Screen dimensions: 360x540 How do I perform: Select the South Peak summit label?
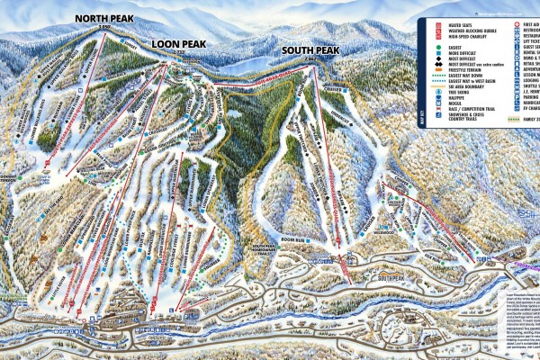pos(310,50)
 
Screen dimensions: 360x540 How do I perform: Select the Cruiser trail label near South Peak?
pos(336,89)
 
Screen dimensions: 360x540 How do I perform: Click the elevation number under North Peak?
pos(105,29)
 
